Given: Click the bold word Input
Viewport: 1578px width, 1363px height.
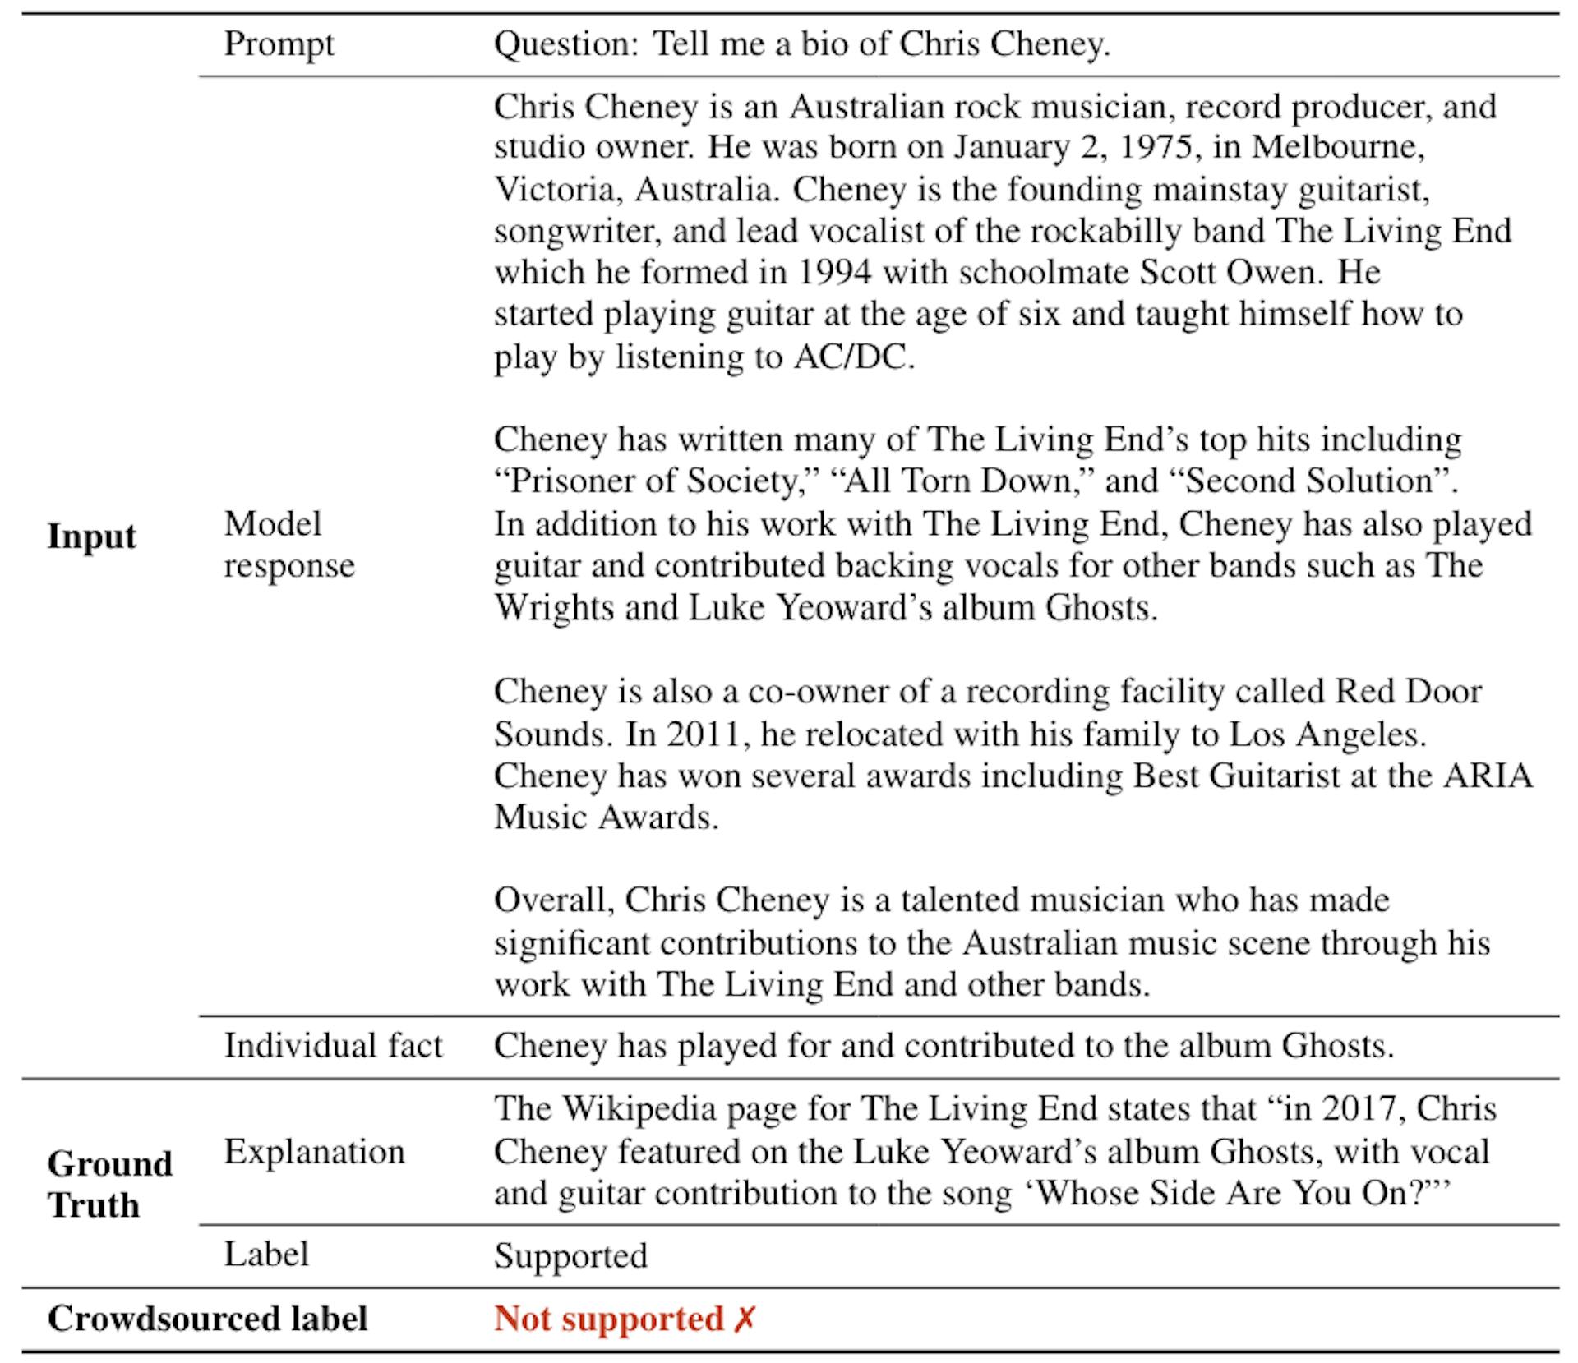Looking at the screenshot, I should click(92, 536).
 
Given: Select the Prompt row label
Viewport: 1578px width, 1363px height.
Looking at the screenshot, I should click(279, 44).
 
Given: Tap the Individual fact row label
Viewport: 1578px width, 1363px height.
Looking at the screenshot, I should click(333, 1046).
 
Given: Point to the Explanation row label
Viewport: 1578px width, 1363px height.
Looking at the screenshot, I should click(314, 1152).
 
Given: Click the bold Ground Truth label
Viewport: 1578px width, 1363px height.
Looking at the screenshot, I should click(109, 1184).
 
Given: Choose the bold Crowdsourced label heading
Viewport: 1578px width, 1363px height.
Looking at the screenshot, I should click(207, 1319).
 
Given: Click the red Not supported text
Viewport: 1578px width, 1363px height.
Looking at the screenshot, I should click(608, 1319).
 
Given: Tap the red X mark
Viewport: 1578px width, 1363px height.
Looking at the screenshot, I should click(744, 1319).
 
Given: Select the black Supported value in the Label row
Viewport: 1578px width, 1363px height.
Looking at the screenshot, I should click(570, 1255).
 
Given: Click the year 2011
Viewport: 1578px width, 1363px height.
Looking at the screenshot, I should click(708, 734).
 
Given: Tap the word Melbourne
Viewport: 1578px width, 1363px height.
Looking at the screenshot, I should click(1336, 147).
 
